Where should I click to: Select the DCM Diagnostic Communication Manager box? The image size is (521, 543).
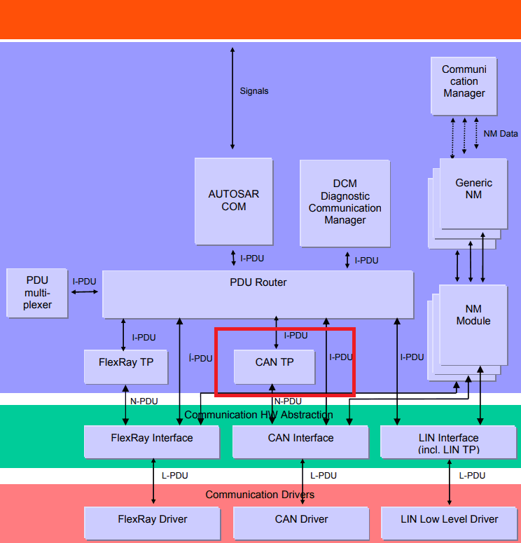pyautogui.click(x=345, y=203)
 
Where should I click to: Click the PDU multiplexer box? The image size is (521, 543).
pyautogui.click(x=37, y=293)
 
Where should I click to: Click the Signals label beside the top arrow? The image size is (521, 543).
pyautogui.click(x=254, y=91)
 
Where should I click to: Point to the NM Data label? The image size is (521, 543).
pyautogui.click(x=501, y=134)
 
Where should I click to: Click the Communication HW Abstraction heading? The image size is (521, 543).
pyautogui.click(x=258, y=415)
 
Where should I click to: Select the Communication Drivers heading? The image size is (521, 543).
pyautogui.click(x=260, y=495)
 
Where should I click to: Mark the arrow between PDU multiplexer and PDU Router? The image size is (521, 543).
pyautogui.click(x=85, y=291)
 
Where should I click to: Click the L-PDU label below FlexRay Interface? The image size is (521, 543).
pyautogui.click(x=176, y=476)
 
